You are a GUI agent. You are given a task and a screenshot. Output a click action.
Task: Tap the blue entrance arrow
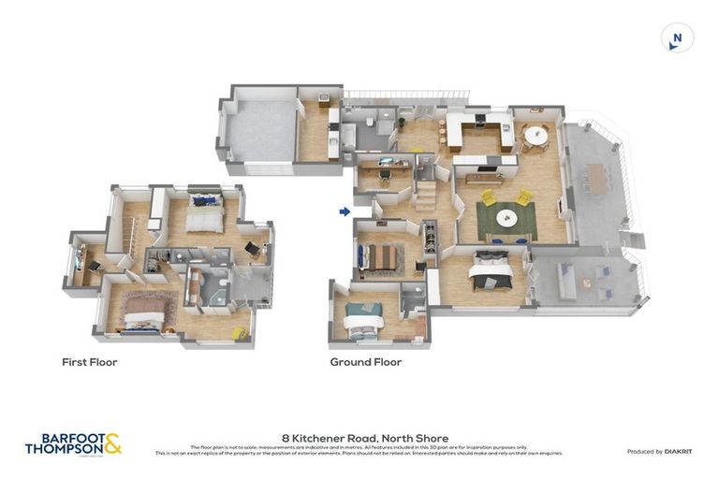click(344, 212)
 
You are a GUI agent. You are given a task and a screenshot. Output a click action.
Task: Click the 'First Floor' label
click(90, 362)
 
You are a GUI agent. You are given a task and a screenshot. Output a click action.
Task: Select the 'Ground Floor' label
click(366, 362)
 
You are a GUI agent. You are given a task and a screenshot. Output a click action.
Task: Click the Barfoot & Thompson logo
click(73, 443)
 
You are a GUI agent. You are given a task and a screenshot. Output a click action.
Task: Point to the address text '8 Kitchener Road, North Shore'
click(365, 438)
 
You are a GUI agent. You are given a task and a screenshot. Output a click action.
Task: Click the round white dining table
click(536, 136)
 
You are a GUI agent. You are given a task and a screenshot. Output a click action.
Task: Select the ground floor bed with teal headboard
click(362, 318)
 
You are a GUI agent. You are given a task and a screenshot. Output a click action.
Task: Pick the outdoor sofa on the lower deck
click(567, 277)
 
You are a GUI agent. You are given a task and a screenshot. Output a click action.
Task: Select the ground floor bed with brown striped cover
click(382, 255)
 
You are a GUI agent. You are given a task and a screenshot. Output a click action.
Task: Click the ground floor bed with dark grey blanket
click(490, 272)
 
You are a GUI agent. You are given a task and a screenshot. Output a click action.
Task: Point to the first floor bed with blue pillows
click(202, 214)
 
